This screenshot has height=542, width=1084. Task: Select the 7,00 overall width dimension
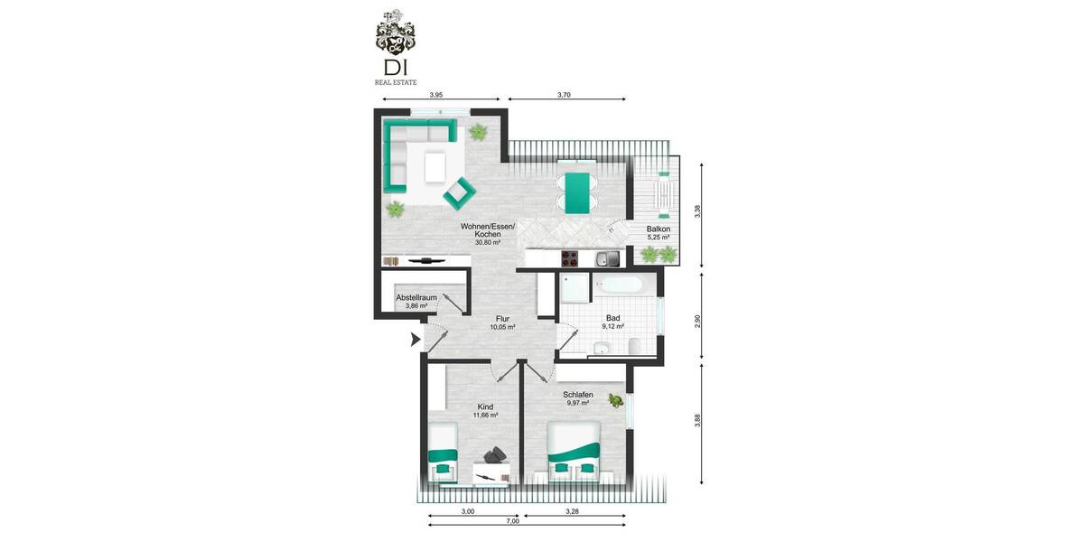point(512,521)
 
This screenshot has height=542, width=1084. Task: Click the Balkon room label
point(658,229)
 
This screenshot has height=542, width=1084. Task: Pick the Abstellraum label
point(416,298)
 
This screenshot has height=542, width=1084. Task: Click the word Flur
point(502,319)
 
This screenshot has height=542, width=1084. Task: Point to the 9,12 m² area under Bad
point(613,326)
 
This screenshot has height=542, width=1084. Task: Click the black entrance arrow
point(416,340)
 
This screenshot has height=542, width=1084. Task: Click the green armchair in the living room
point(459,192)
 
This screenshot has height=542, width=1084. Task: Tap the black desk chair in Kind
point(495,458)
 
